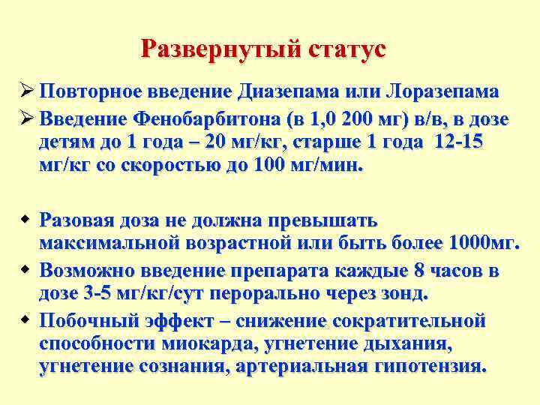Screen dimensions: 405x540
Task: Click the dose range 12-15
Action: point(462,143)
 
